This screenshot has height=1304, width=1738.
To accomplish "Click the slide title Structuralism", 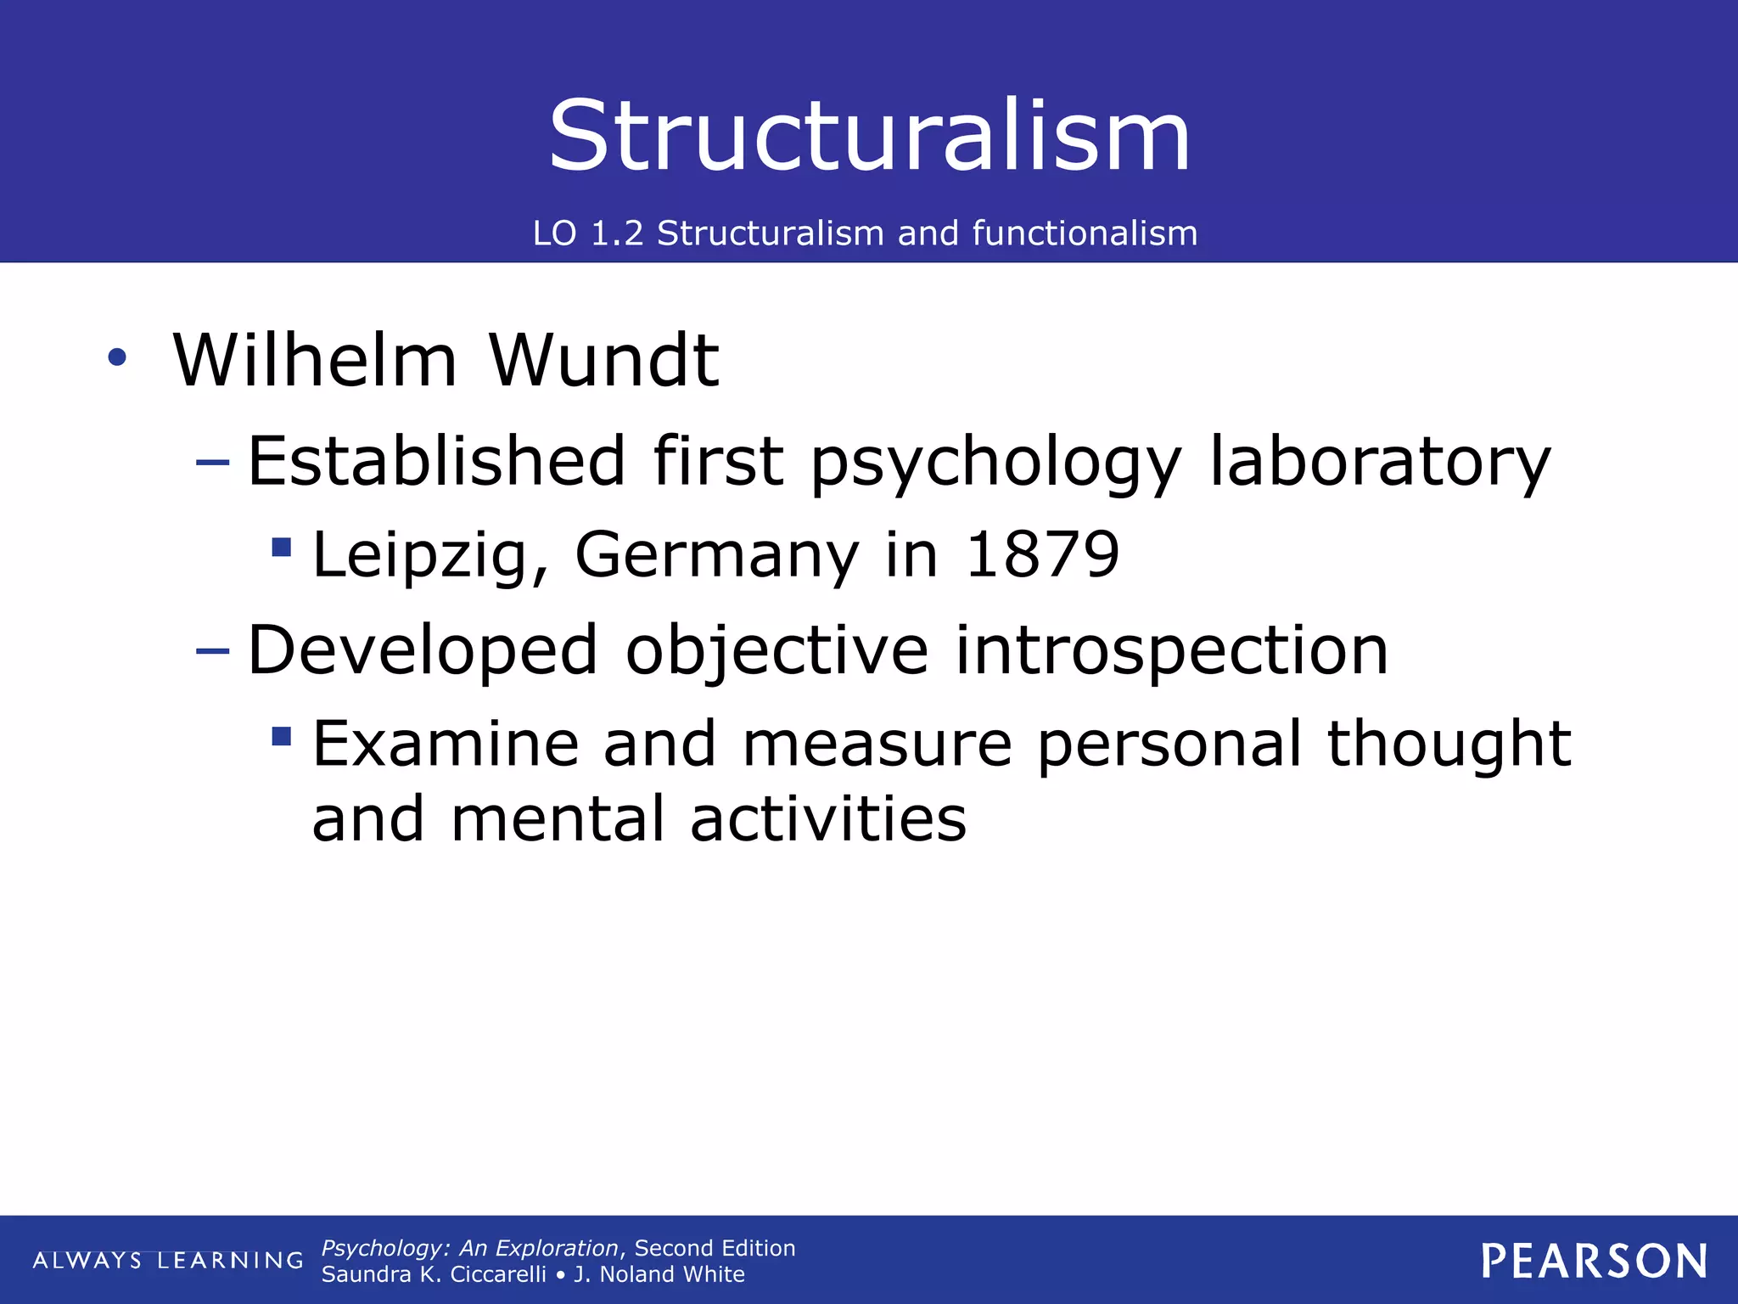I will click(869, 136).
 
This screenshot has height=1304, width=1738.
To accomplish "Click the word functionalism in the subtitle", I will click(1085, 233).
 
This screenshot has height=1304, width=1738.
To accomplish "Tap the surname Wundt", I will click(603, 360).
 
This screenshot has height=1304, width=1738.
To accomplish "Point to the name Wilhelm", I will click(315, 360).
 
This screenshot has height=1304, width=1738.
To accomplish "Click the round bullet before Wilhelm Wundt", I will click(117, 357).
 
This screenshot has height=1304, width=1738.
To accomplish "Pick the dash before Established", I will click(212, 463).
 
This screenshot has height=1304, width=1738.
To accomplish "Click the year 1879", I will click(1042, 554).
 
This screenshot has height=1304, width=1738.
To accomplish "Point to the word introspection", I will click(1171, 650).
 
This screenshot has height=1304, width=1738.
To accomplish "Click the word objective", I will click(776, 650).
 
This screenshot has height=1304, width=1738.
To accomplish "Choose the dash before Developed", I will click(212, 651).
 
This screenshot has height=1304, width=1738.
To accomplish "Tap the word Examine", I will click(446, 744).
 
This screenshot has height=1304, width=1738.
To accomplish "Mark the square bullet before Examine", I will click(282, 735).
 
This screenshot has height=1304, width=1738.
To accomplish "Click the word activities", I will click(827, 819).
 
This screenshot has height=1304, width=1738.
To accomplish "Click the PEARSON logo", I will click(1595, 1261).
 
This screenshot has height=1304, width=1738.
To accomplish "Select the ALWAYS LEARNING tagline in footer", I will click(168, 1261).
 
